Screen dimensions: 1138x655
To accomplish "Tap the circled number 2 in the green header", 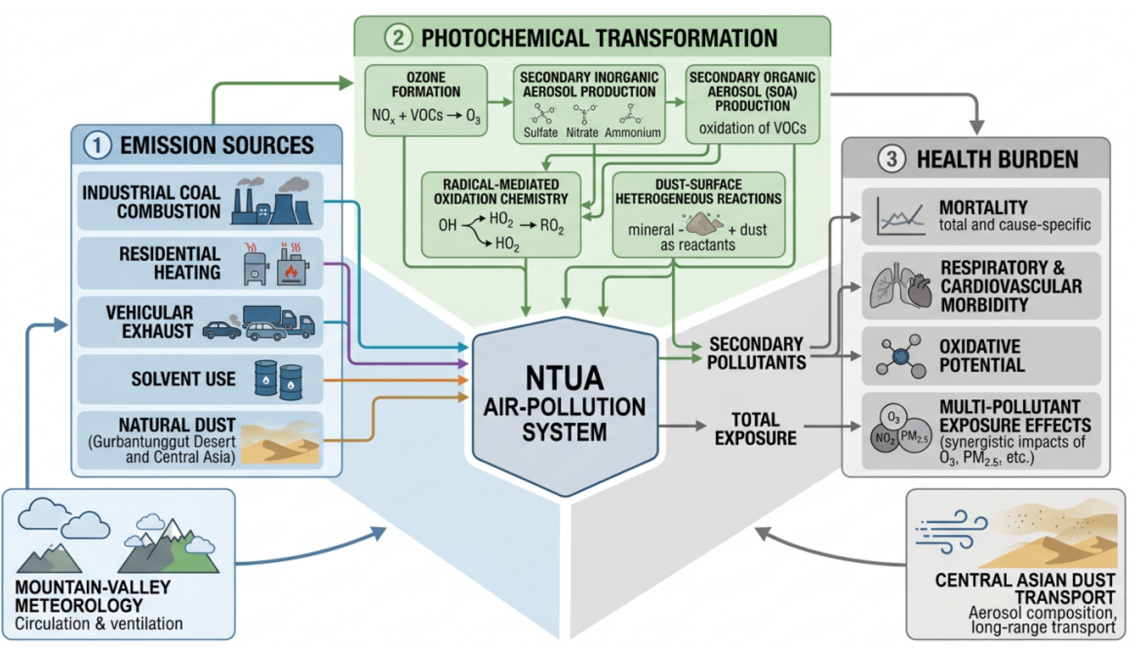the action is [398, 38].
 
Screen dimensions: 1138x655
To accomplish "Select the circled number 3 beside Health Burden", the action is [891, 159].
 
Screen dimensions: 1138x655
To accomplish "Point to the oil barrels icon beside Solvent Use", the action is [279, 380].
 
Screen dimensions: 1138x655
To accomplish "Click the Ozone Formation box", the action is [426, 100].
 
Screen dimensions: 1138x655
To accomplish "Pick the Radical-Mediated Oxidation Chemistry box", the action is [501, 215].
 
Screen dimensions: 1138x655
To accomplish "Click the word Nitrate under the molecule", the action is [582, 133].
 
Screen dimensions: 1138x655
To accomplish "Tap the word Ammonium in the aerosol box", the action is [632, 133].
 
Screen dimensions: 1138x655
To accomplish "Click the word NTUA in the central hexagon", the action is [565, 378].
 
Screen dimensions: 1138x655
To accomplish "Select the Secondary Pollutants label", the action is [757, 353].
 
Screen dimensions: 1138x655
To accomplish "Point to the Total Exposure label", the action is [756, 429].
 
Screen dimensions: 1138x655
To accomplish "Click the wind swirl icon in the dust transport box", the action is [951, 531].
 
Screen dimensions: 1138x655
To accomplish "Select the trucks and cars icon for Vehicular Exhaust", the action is [259, 323].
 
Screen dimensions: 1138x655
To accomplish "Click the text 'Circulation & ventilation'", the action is [99, 624].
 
